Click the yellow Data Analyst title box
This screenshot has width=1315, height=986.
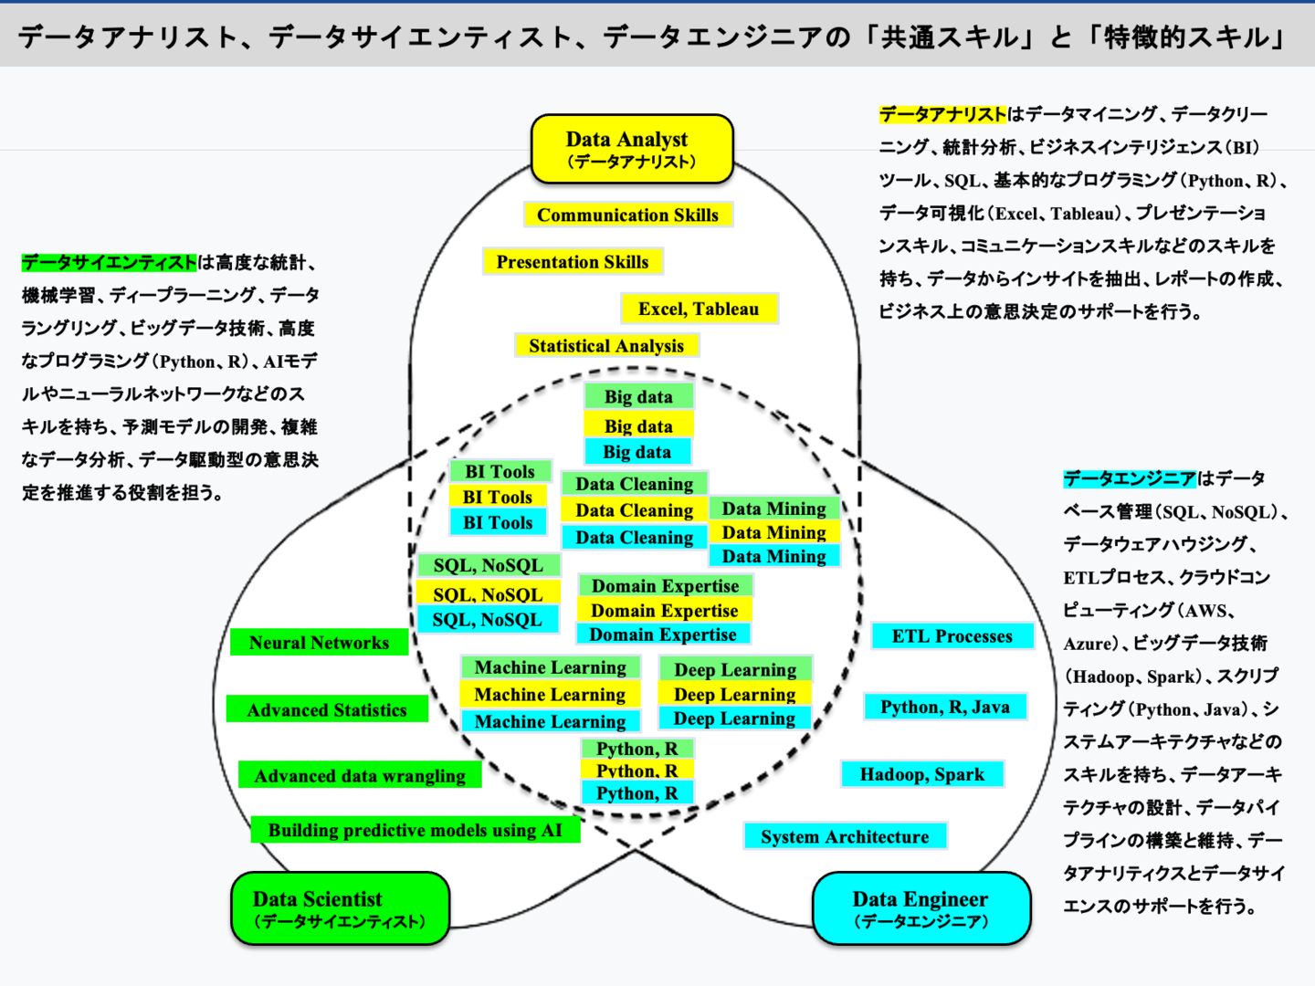632,149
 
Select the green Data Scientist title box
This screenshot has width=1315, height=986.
340,908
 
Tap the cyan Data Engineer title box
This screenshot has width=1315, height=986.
920,908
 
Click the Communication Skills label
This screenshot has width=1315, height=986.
627,215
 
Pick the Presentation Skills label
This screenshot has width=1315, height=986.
573,262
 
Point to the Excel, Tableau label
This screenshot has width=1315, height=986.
699,309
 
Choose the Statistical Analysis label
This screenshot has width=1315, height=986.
606,346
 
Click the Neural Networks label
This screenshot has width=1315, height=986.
319,643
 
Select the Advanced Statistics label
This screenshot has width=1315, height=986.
327,710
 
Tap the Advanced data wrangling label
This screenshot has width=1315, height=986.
360,776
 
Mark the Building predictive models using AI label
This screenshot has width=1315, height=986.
416,830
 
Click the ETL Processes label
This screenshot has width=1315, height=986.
952,636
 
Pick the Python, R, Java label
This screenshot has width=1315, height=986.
945,707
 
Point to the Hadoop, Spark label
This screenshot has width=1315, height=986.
922,774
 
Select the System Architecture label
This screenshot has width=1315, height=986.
845,836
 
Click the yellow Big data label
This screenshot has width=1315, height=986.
638,425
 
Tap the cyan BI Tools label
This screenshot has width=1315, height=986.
498,522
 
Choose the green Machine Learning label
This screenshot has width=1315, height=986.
550,667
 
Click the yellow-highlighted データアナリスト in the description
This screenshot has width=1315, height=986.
942,114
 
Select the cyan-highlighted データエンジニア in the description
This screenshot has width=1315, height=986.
1130,478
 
